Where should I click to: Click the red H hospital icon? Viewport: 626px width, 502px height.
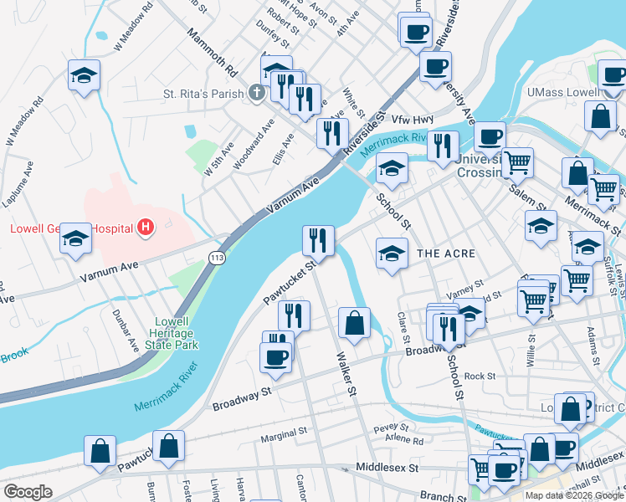tap(147, 227)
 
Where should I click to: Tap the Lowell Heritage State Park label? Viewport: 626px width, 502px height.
tap(177, 333)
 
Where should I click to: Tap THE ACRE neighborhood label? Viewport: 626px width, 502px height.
tap(446, 254)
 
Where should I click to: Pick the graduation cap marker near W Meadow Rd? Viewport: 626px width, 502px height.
tap(85, 76)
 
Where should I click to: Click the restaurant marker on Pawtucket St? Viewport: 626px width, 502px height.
tap(318, 240)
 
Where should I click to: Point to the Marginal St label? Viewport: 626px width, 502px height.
tap(284, 435)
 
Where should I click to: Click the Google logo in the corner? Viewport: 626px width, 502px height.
tap(28, 492)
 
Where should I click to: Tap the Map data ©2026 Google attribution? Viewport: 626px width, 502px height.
tap(573, 494)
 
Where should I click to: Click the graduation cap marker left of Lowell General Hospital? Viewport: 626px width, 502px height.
tap(75, 240)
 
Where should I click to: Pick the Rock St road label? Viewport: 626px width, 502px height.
tap(480, 376)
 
